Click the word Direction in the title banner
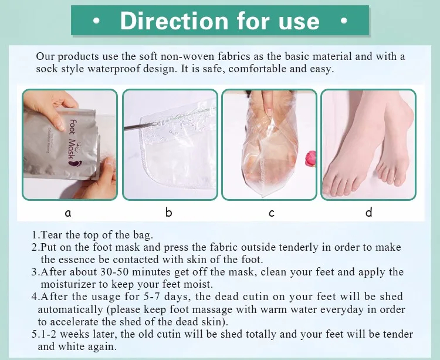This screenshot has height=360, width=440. tap(174, 21)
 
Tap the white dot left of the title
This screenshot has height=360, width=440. tap(96, 21)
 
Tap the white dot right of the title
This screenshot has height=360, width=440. tap(344, 21)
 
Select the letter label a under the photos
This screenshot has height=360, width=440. tap(68, 213)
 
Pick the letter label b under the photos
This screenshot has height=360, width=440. tap(168, 212)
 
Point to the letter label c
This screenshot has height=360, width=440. tap(272, 213)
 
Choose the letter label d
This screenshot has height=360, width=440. tap(369, 212)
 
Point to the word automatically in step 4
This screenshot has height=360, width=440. tap(70, 309)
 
